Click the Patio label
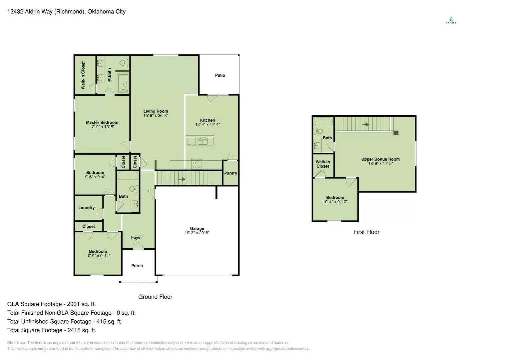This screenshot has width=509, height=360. [x=220, y=75]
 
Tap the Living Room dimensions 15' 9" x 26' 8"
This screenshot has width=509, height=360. [x=156, y=116]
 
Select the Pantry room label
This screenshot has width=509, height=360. [x=231, y=173]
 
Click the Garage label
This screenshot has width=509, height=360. [x=197, y=229]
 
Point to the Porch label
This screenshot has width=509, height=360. [x=137, y=266]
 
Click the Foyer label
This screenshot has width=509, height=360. [x=136, y=238]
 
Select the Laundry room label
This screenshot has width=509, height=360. [x=86, y=208]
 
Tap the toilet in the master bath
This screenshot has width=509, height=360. [x=124, y=63]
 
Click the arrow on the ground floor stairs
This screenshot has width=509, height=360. [x=182, y=179]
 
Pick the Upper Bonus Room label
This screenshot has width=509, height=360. [x=380, y=159]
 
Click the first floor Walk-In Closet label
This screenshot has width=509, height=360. [x=322, y=164]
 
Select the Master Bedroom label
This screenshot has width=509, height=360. [x=102, y=122]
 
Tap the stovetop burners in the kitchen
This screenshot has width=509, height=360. [x=197, y=165]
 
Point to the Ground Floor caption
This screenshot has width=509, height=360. [x=155, y=297]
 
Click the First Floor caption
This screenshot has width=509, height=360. [x=366, y=232]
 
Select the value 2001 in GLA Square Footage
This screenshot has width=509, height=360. [x=73, y=304]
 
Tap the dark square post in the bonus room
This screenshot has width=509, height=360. [x=396, y=133]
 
